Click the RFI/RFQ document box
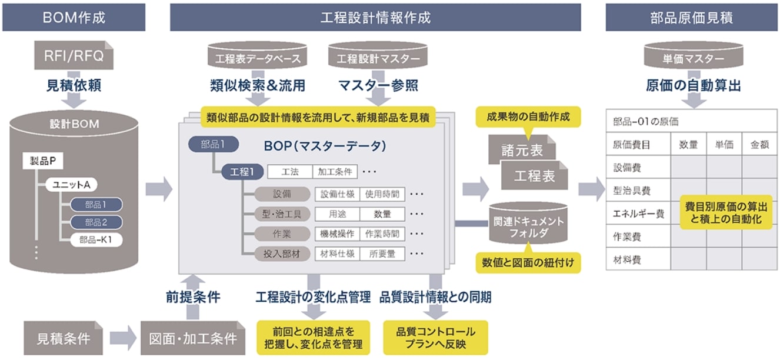[x=74, y=56]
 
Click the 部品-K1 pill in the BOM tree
[x=96, y=240]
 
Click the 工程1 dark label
[x=242, y=172]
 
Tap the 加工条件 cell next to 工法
[x=335, y=172]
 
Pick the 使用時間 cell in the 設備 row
[x=382, y=194]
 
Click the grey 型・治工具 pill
[x=282, y=214]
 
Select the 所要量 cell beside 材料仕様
[x=382, y=254]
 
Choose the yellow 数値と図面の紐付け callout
[x=528, y=262]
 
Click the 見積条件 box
[x=64, y=338]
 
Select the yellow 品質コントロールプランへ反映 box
[x=436, y=338]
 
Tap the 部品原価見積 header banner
[x=691, y=17]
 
